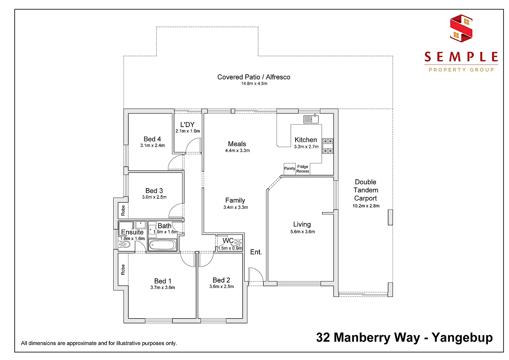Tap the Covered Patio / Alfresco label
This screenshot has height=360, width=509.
click(x=254, y=77)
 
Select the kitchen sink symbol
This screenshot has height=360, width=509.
click(x=311, y=119)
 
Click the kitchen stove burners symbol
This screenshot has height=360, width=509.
click(x=327, y=146)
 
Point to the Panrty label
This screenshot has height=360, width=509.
click(x=289, y=168)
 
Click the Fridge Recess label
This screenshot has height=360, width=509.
click(x=303, y=169)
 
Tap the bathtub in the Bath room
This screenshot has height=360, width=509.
click(x=163, y=245)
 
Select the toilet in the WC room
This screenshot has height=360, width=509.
click(x=238, y=243)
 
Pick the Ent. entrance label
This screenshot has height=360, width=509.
click(x=256, y=252)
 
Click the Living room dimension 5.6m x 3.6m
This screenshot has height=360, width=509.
click(x=302, y=232)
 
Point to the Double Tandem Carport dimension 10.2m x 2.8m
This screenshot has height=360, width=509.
click(x=366, y=206)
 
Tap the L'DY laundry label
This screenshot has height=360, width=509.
click(x=187, y=125)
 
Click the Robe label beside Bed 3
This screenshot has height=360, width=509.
click(x=123, y=210)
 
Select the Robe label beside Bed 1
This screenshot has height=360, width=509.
click(x=123, y=270)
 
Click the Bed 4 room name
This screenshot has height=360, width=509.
click(x=152, y=139)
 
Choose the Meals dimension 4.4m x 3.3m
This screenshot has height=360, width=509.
click(x=237, y=150)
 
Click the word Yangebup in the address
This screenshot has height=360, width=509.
click(x=462, y=337)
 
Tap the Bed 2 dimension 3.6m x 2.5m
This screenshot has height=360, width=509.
click(x=221, y=286)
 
